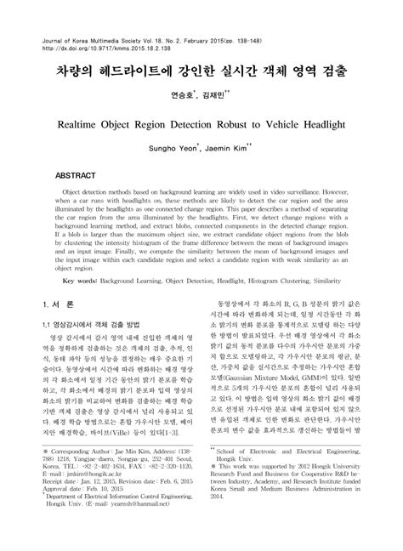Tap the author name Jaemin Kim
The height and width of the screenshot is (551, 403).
point(231,149)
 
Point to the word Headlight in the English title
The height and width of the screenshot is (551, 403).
point(316,124)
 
